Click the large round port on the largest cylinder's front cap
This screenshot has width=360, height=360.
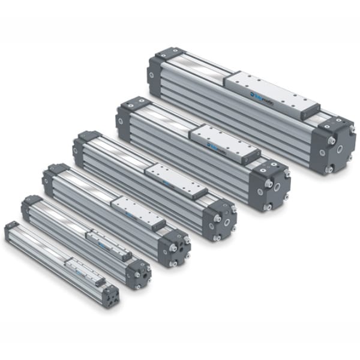click(340, 147)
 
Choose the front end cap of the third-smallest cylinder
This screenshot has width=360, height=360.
click(175, 245)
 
